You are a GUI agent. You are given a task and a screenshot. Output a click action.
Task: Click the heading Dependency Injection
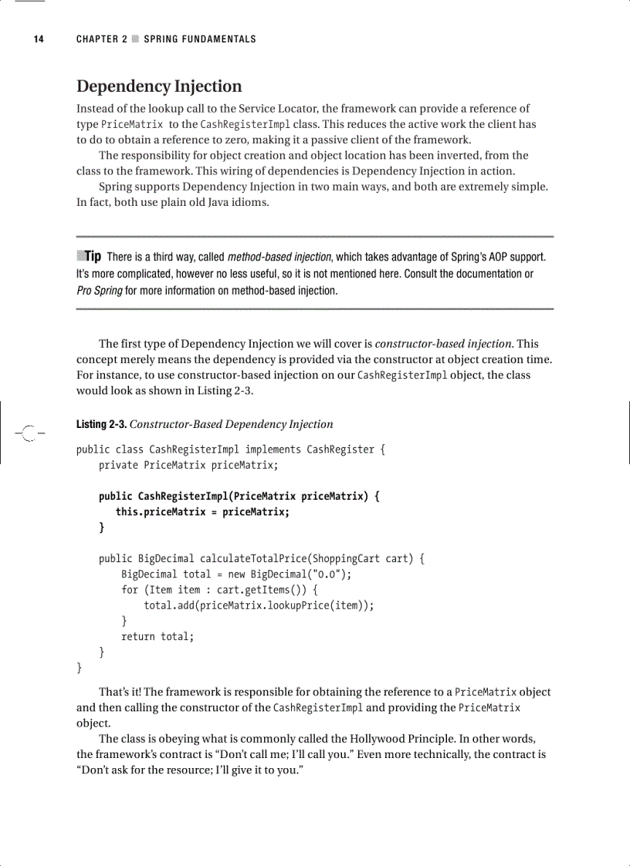pos(159,86)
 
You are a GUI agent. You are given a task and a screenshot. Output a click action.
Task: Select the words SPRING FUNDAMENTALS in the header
pos(200,39)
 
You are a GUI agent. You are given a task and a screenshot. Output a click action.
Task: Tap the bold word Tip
pos(93,256)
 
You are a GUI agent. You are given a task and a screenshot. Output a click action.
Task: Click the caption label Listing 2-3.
pos(100,424)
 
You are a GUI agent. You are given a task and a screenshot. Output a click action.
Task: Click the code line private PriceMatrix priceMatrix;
pos(188,465)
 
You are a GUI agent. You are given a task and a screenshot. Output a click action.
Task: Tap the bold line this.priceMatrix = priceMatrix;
pos(202,512)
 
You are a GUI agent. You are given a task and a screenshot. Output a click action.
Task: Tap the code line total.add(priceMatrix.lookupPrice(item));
pos(259,605)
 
